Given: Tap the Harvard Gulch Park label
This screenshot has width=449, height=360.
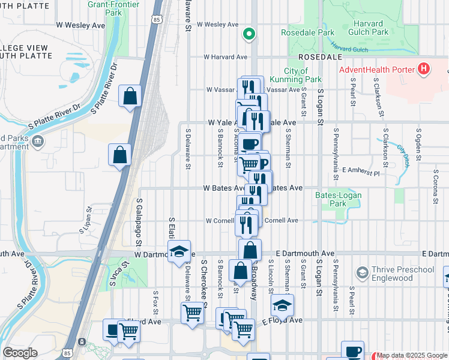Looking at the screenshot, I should point(368,28).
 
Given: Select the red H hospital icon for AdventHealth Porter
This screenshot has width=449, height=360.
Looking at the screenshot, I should point(424,70).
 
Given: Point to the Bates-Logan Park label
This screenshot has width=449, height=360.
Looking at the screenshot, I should point(331,199).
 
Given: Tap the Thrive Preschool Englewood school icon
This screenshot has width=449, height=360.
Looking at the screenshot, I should point(362,274).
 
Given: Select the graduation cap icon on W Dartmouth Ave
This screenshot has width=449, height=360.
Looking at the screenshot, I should point(179,252).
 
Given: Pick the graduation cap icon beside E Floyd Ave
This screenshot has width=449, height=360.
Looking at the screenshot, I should point(282,306).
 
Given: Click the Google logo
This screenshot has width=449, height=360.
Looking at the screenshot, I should point(20,353).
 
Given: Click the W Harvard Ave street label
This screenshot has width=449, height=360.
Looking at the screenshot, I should point(225,57).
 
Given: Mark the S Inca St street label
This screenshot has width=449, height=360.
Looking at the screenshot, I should point(119,273).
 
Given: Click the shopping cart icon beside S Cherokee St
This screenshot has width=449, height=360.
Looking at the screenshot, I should point(192,312).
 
